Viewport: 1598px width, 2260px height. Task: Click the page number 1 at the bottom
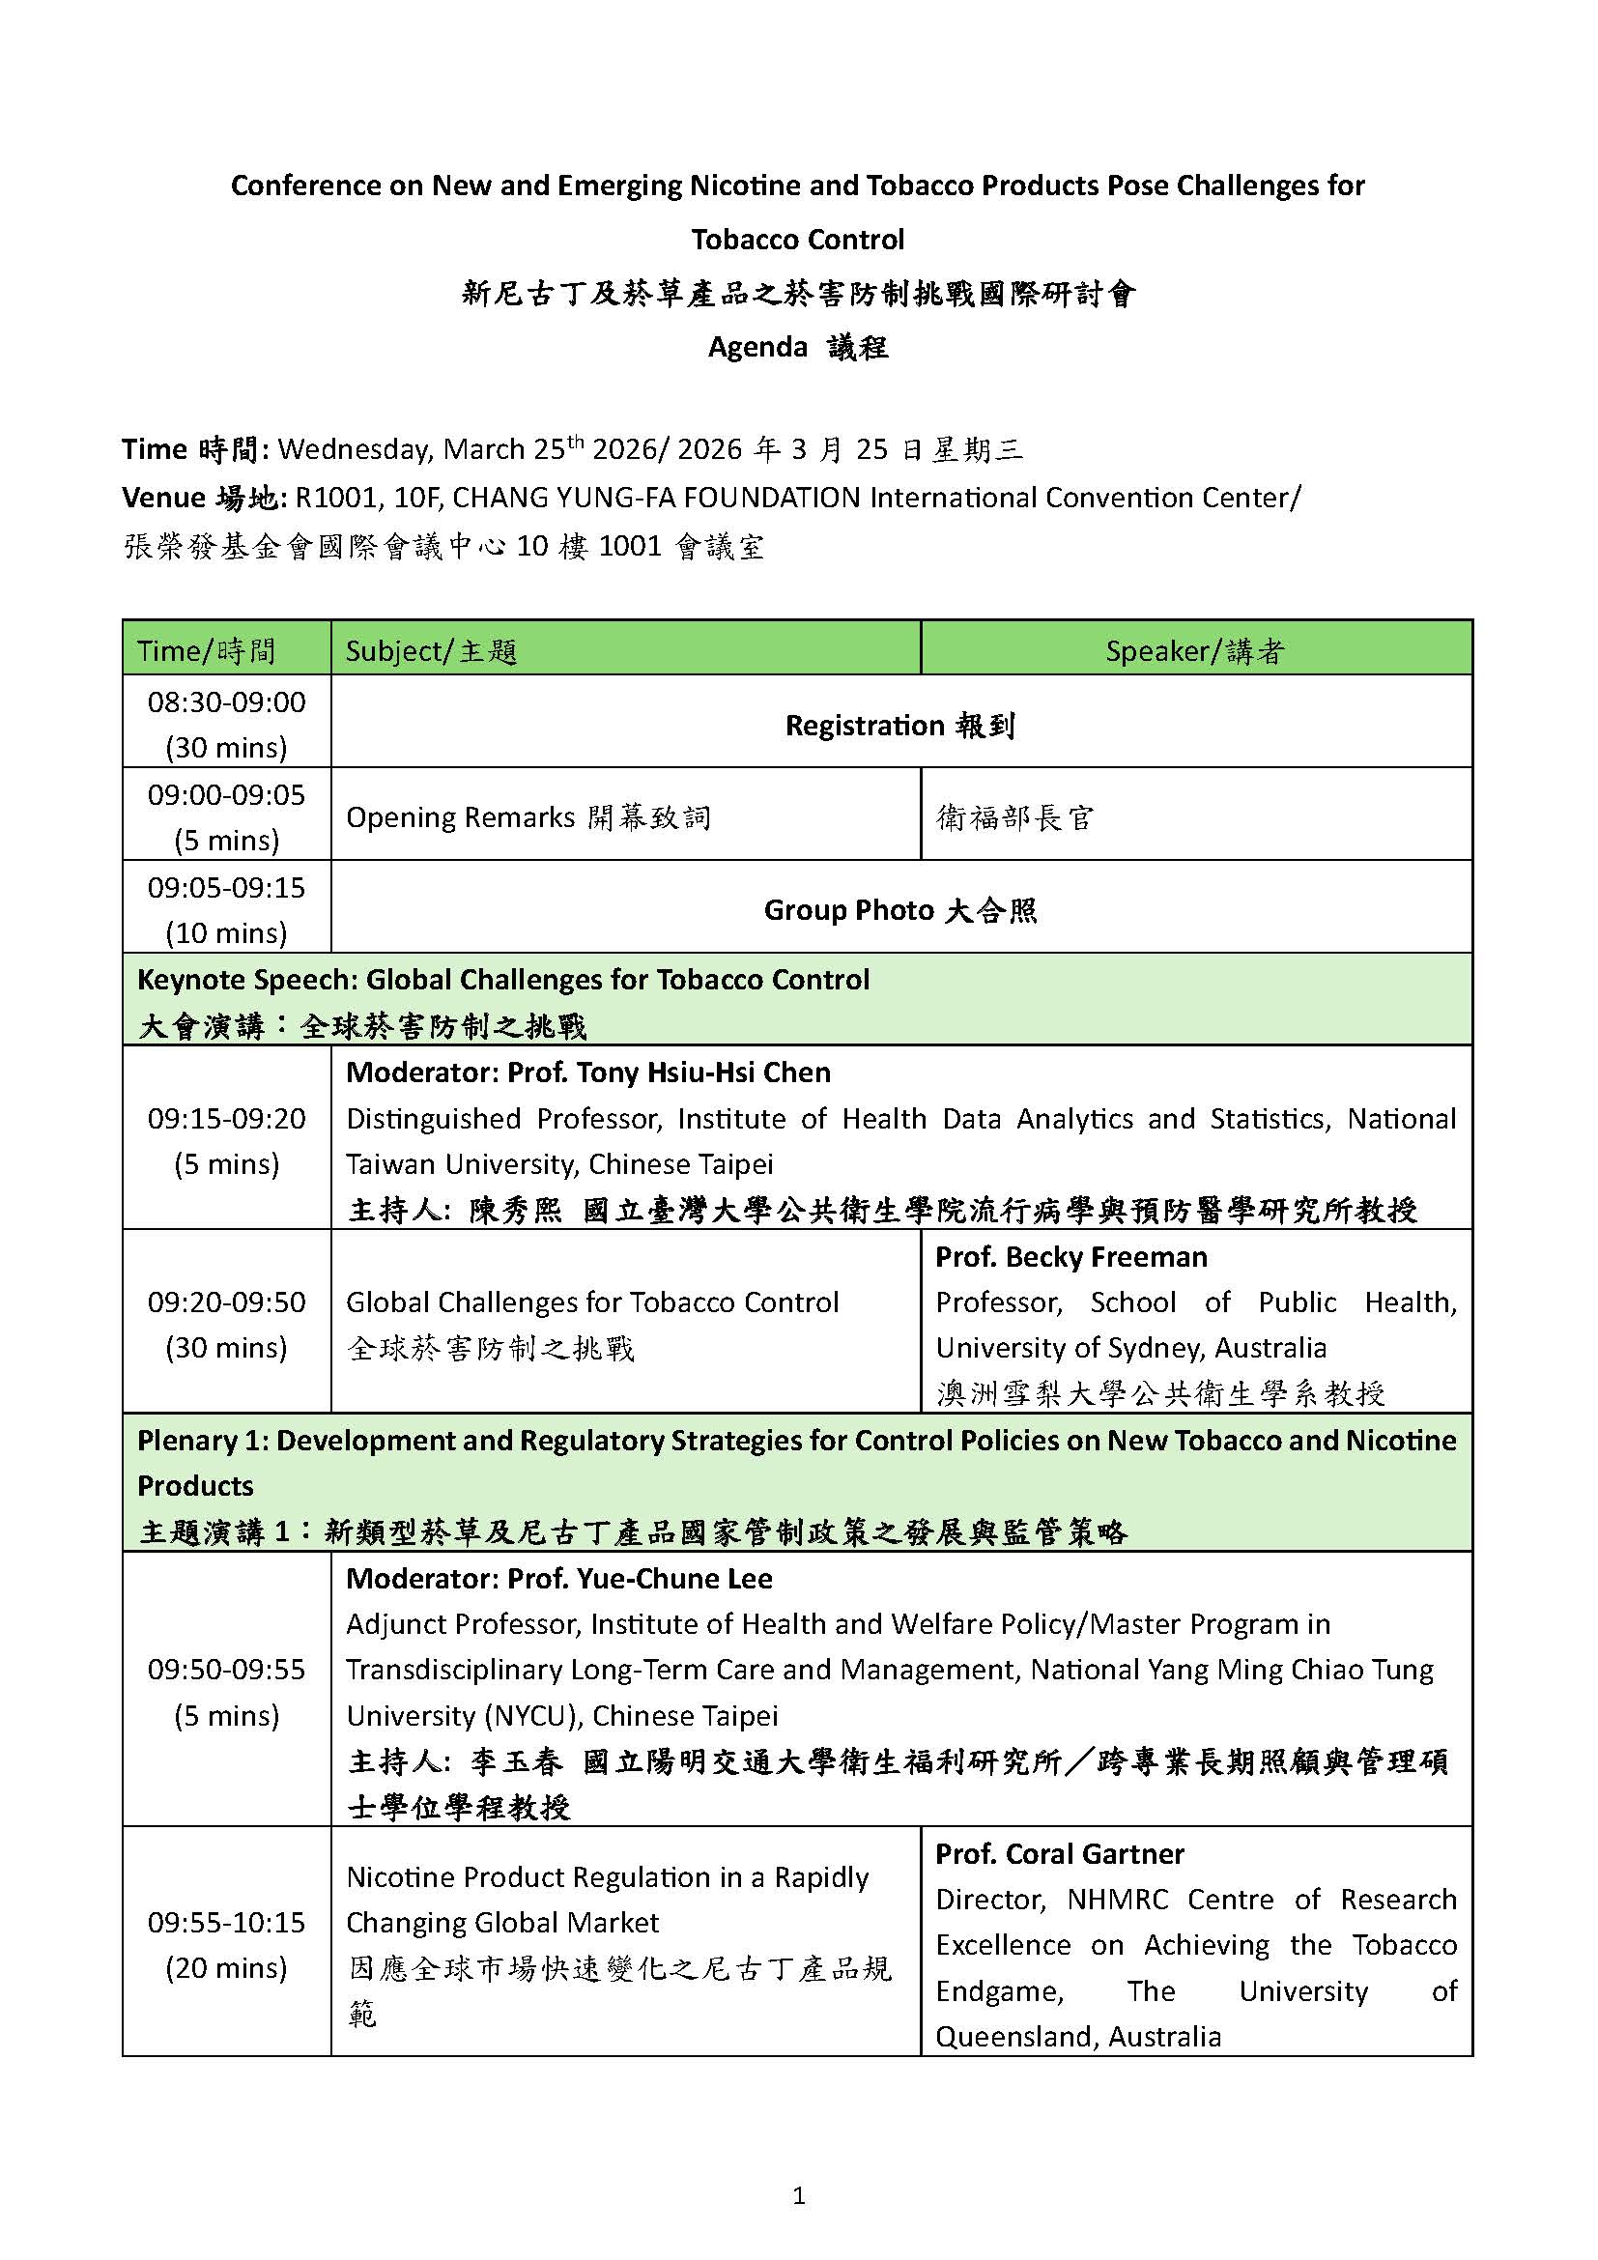point(798,2195)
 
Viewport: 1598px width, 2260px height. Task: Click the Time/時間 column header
point(207,650)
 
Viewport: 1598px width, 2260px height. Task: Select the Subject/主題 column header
point(431,650)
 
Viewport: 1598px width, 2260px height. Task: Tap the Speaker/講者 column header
point(1194,650)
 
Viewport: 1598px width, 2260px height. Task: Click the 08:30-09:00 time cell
point(226,725)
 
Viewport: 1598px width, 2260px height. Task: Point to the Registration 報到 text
point(899,726)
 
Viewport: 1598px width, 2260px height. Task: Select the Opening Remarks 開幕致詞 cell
point(528,817)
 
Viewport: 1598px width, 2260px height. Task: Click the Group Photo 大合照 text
point(899,909)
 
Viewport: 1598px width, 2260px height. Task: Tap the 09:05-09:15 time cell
point(226,909)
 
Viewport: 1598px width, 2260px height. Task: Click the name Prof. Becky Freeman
point(1070,1257)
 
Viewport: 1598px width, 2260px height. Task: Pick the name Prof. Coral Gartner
point(1059,1853)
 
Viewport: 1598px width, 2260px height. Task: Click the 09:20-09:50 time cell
point(226,1324)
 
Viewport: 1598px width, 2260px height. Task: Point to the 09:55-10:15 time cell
point(226,1944)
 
